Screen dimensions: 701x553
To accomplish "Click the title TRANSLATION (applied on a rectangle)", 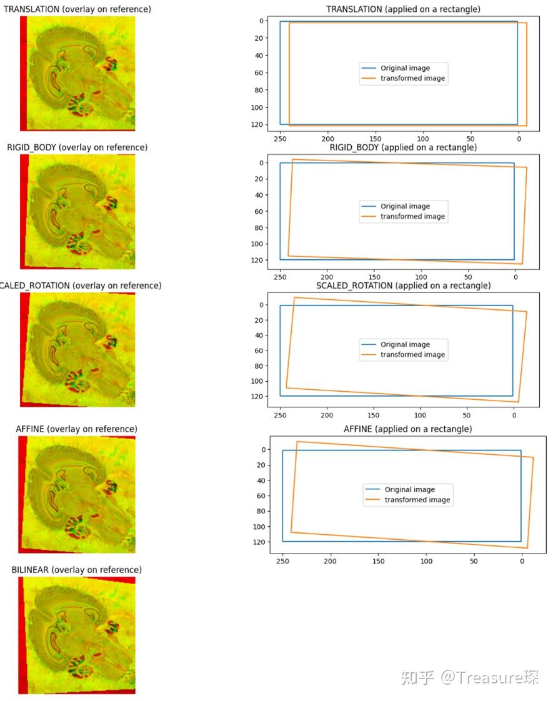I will [403, 9].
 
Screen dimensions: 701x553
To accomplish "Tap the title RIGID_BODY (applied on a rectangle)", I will [403, 147].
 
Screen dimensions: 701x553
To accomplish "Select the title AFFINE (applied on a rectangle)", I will [407, 429].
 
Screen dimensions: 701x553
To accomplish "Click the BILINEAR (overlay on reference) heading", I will [77, 570].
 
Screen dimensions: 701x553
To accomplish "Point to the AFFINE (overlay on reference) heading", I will [76, 429].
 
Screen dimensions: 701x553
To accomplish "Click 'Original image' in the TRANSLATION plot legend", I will [405, 68].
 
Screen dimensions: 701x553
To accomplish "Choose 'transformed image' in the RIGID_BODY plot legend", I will [412, 216].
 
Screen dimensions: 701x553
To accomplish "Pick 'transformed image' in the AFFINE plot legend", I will [417, 500].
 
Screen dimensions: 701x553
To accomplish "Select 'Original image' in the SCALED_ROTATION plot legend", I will [405, 344].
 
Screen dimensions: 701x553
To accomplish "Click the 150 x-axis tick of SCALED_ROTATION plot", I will [374, 415].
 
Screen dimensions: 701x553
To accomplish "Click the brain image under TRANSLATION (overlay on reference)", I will [78, 73].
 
